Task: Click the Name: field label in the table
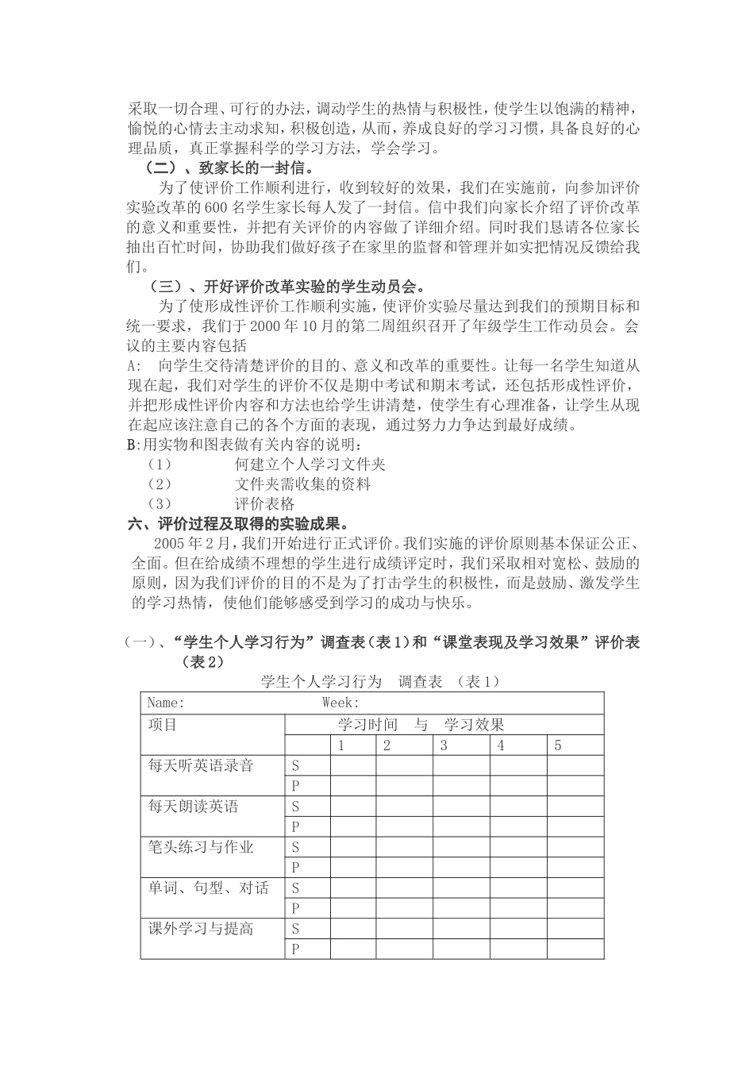click(x=166, y=703)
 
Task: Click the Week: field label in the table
click(x=340, y=703)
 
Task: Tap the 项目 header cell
click(x=163, y=724)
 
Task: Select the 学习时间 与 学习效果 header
click(x=421, y=724)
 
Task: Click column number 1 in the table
click(x=341, y=745)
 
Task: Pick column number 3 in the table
click(x=444, y=745)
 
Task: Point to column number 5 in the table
click(x=558, y=745)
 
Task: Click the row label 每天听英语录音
click(x=201, y=765)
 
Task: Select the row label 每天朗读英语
click(x=193, y=806)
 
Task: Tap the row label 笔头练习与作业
click(x=201, y=847)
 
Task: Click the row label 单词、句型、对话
click(x=209, y=888)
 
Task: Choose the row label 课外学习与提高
click(x=201, y=928)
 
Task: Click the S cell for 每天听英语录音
click(x=295, y=765)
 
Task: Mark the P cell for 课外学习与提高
click(x=295, y=949)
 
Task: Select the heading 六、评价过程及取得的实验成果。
click(x=240, y=524)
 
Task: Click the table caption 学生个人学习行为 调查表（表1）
click(x=380, y=681)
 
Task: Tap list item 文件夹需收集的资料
click(x=302, y=483)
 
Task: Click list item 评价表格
click(x=264, y=503)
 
